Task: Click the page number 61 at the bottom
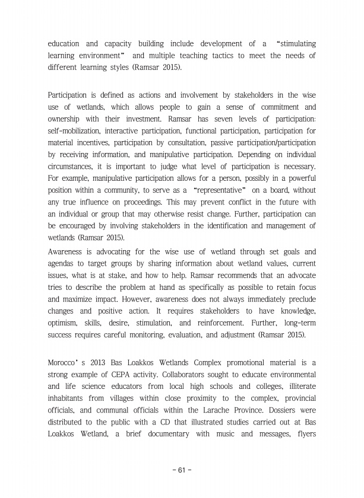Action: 182,471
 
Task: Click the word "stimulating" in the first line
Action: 294,44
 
